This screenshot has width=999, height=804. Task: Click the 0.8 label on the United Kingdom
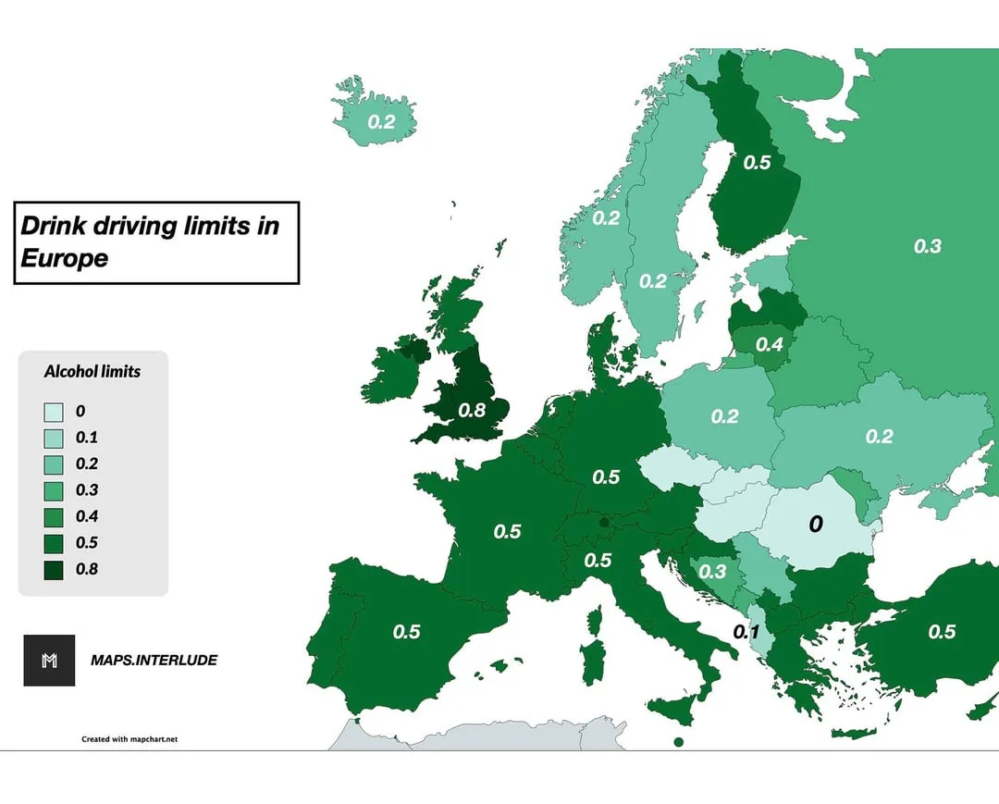pyautogui.click(x=472, y=410)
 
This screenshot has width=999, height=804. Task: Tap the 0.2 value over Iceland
pyautogui.click(x=381, y=121)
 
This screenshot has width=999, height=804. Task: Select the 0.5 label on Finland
pyautogui.click(x=757, y=162)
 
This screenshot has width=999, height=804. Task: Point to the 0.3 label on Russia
pyautogui.click(x=927, y=246)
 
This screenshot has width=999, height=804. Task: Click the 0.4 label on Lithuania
pyautogui.click(x=770, y=344)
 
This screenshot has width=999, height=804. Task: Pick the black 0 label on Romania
pyautogui.click(x=815, y=525)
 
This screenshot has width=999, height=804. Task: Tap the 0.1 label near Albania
pyautogui.click(x=746, y=632)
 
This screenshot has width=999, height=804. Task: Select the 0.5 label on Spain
pyautogui.click(x=406, y=632)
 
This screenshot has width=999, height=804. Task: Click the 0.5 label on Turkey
pyautogui.click(x=942, y=632)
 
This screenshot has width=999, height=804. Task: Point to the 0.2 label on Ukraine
pyautogui.click(x=879, y=436)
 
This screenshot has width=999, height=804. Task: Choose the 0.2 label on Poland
pyautogui.click(x=724, y=416)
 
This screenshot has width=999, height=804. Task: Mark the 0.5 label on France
pyautogui.click(x=507, y=532)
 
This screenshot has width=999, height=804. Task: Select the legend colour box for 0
pyautogui.click(x=54, y=412)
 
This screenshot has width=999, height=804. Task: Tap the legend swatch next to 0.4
pyautogui.click(x=54, y=517)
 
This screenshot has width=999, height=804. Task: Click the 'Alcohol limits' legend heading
pyautogui.click(x=92, y=371)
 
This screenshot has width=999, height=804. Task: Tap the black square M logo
pyautogui.click(x=49, y=661)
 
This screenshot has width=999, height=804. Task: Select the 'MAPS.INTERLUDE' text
pyautogui.click(x=154, y=661)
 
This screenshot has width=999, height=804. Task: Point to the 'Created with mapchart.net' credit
pyautogui.click(x=129, y=739)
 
